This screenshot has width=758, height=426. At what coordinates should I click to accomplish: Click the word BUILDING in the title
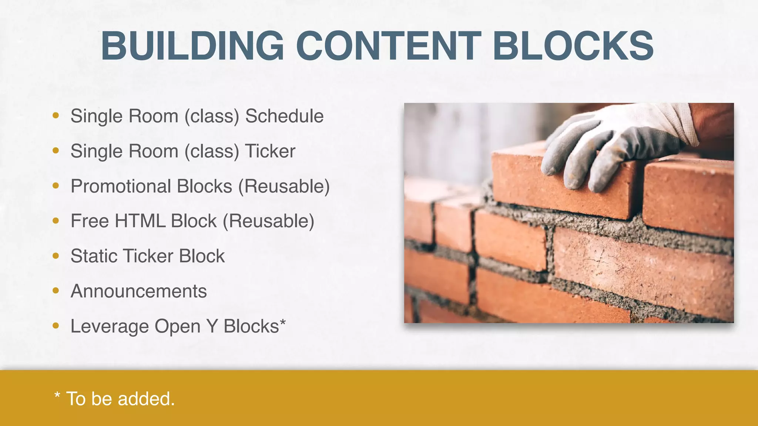[192, 46]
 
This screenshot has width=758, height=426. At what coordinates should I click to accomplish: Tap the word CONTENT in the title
[389, 46]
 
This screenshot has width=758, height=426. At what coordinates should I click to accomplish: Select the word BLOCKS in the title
[573, 46]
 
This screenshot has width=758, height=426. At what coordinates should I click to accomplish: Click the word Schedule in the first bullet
[284, 116]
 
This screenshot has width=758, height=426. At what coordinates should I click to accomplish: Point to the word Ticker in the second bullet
[270, 151]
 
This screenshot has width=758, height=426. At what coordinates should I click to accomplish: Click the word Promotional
[121, 186]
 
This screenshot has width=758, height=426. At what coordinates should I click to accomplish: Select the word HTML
[140, 221]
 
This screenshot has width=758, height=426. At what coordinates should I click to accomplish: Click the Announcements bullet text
[139, 291]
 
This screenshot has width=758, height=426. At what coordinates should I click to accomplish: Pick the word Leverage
[110, 327]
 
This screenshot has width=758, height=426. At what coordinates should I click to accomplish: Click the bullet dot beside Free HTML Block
[56, 221]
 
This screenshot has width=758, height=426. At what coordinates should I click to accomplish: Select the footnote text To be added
[120, 399]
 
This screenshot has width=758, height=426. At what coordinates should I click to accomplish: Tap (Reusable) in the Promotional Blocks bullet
[284, 186]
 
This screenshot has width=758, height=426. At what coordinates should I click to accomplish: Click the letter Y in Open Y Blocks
[212, 327]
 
